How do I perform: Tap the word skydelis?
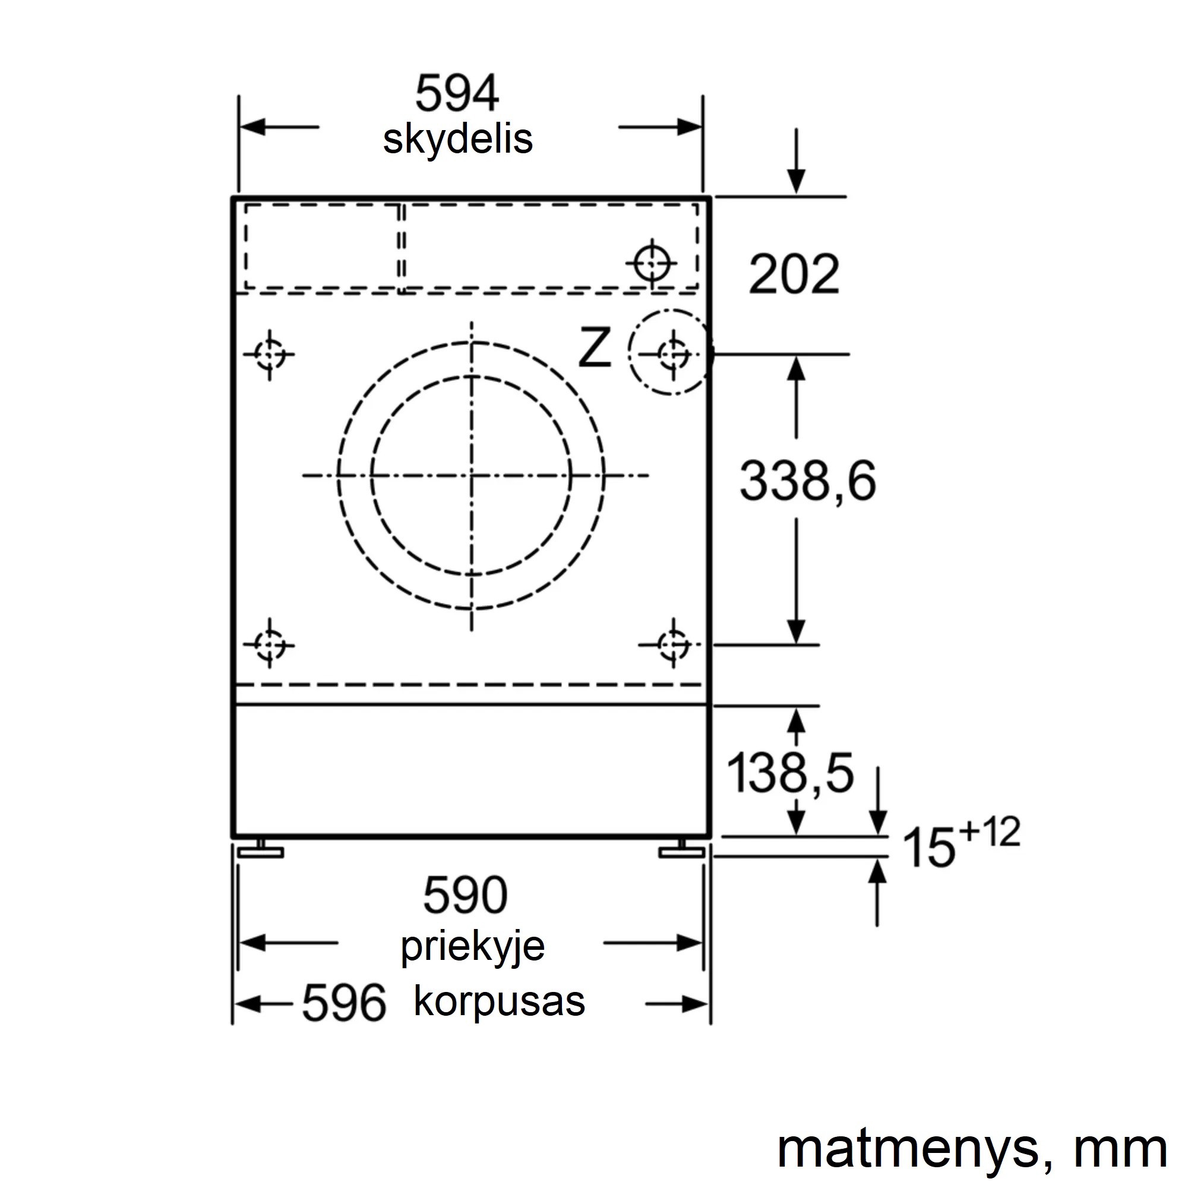click(x=457, y=141)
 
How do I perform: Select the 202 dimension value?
click(x=794, y=274)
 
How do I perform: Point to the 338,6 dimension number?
click(x=807, y=480)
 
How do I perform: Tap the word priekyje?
click(x=473, y=947)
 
